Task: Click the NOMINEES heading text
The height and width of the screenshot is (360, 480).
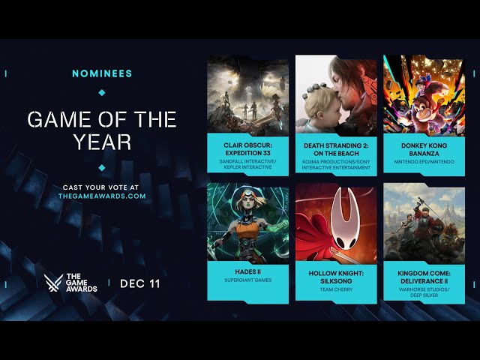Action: click(102, 73)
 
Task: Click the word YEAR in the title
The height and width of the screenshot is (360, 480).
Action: click(102, 141)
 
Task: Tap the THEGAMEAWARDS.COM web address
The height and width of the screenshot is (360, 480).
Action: click(102, 196)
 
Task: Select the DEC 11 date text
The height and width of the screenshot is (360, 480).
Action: click(140, 283)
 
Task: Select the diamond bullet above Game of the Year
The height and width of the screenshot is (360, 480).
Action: click(102, 92)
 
